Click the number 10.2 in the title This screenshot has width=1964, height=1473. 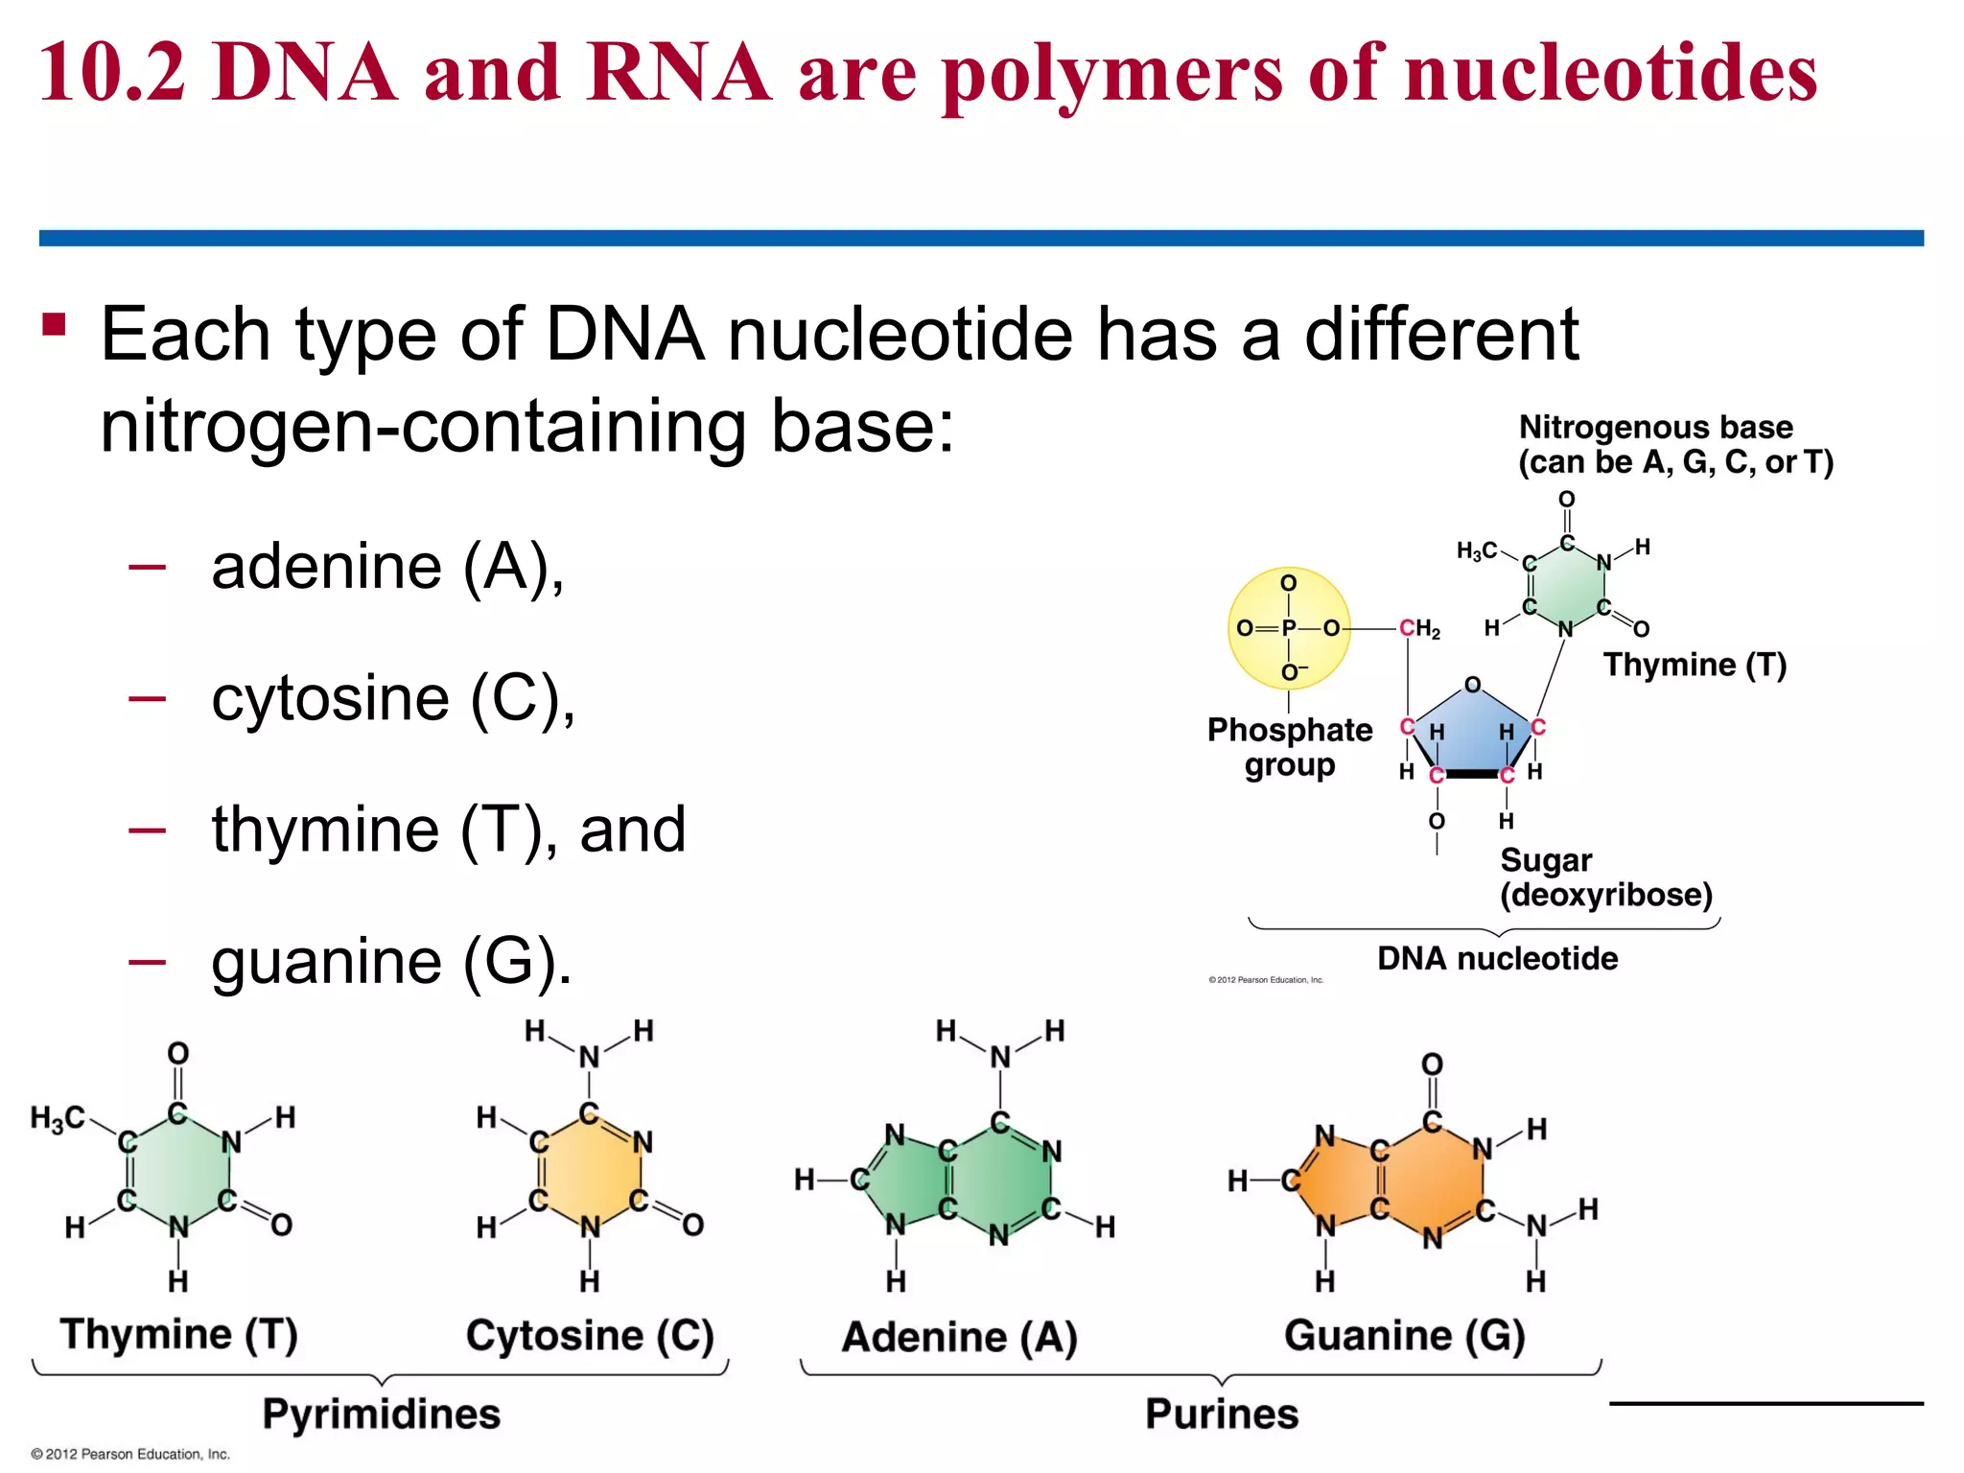(x=113, y=73)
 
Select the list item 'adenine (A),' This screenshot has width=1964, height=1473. (x=387, y=567)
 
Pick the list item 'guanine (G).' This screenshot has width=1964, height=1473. (x=391, y=961)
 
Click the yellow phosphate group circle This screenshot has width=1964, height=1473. (x=1289, y=628)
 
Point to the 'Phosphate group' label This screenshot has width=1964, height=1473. (x=1290, y=747)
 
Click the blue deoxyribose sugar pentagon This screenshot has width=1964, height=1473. (x=1472, y=734)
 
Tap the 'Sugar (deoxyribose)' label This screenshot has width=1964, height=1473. (x=1605, y=877)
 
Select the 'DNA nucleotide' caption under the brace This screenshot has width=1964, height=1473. (x=1497, y=958)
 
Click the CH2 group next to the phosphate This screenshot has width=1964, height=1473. (x=1419, y=629)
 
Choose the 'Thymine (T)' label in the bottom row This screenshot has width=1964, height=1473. (x=179, y=1334)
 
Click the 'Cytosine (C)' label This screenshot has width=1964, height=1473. (x=590, y=1335)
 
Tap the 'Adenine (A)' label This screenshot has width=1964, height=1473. (x=959, y=1337)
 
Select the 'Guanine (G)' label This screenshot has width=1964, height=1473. (x=1404, y=1335)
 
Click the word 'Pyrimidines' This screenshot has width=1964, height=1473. (x=382, y=1414)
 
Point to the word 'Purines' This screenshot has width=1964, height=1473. (x=1222, y=1414)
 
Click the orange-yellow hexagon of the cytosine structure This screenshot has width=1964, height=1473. (x=590, y=1171)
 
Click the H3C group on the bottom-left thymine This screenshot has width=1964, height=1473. (x=58, y=1118)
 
